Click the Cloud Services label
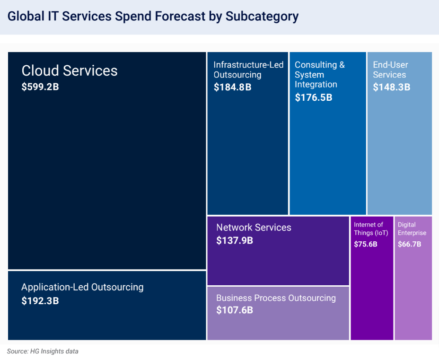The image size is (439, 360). (x=70, y=70)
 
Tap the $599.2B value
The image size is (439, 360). (x=40, y=87)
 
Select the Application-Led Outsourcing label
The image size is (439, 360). (x=82, y=287)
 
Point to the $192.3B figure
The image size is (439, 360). (x=40, y=301)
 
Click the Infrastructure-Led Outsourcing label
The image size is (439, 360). (x=248, y=70)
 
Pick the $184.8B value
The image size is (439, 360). (x=232, y=87)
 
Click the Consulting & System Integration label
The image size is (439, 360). (x=319, y=74)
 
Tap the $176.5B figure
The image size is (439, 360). (x=313, y=97)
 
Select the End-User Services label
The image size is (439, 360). (x=390, y=70)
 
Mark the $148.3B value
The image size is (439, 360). (x=391, y=87)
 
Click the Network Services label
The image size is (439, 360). (x=254, y=228)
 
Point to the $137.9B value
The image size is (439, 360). (x=235, y=240)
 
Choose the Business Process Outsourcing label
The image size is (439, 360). (x=276, y=298)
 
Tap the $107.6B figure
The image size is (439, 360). (x=235, y=310)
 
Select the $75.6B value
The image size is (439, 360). (x=365, y=244)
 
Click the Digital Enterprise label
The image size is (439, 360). (x=412, y=228)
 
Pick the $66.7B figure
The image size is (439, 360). (x=409, y=244)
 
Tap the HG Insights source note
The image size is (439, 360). (x=43, y=351)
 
